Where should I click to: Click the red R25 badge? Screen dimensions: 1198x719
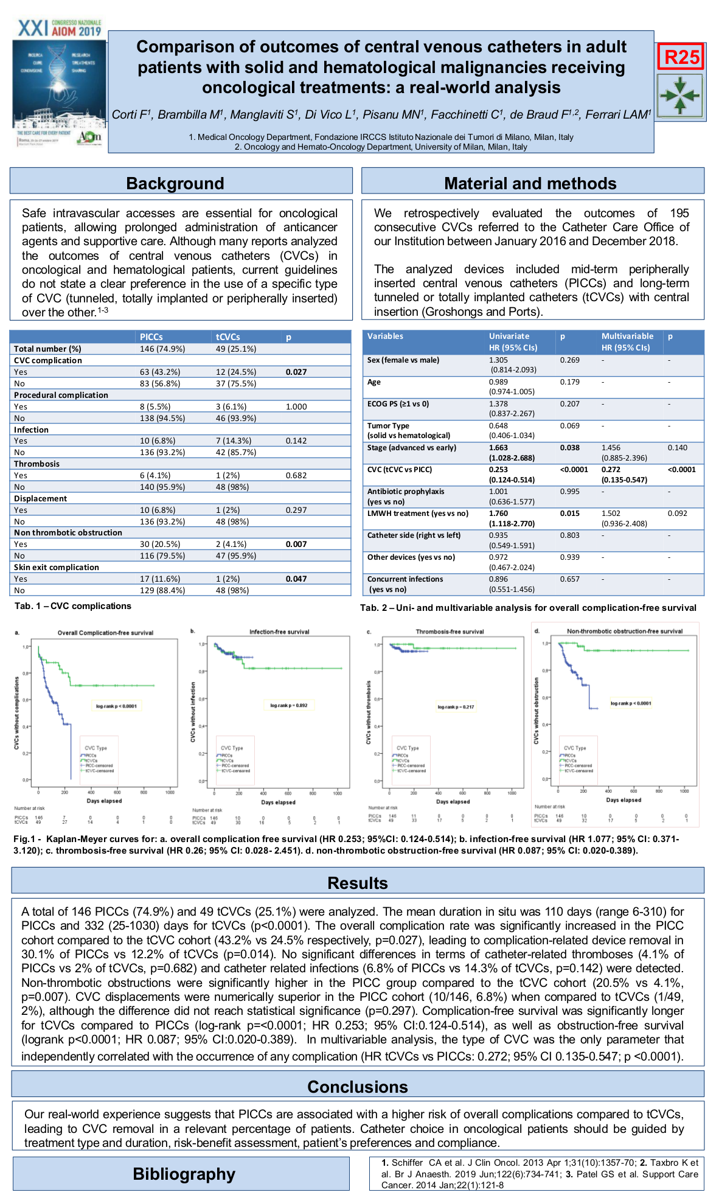coord(681,57)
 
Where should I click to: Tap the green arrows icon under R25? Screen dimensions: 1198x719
coord(680,96)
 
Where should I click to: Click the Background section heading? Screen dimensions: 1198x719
coord(175,183)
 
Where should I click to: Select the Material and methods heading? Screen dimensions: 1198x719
coord(530,183)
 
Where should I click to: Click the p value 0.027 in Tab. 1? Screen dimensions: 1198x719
coord(296,372)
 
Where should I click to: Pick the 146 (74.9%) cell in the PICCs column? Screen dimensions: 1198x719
coord(162,349)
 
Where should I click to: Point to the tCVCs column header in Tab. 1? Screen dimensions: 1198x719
coord(228,336)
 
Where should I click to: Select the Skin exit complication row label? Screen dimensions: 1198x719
coord(57,567)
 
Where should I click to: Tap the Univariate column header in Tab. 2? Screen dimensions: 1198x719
coord(509,336)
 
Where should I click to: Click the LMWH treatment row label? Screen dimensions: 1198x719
coord(418,513)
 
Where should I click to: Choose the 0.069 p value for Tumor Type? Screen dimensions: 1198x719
coord(569,426)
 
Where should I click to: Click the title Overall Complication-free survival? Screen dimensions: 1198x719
coord(105,633)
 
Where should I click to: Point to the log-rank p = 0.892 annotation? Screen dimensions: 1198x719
coord(289,706)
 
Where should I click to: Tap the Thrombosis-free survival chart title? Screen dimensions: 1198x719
coord(450,632)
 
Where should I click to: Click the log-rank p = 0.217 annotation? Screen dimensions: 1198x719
coord(456,707)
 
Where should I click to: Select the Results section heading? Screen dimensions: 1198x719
coord(358,883)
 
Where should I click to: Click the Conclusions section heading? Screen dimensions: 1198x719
coord(358,1087)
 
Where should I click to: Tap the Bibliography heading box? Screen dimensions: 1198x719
coord(184,1174)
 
